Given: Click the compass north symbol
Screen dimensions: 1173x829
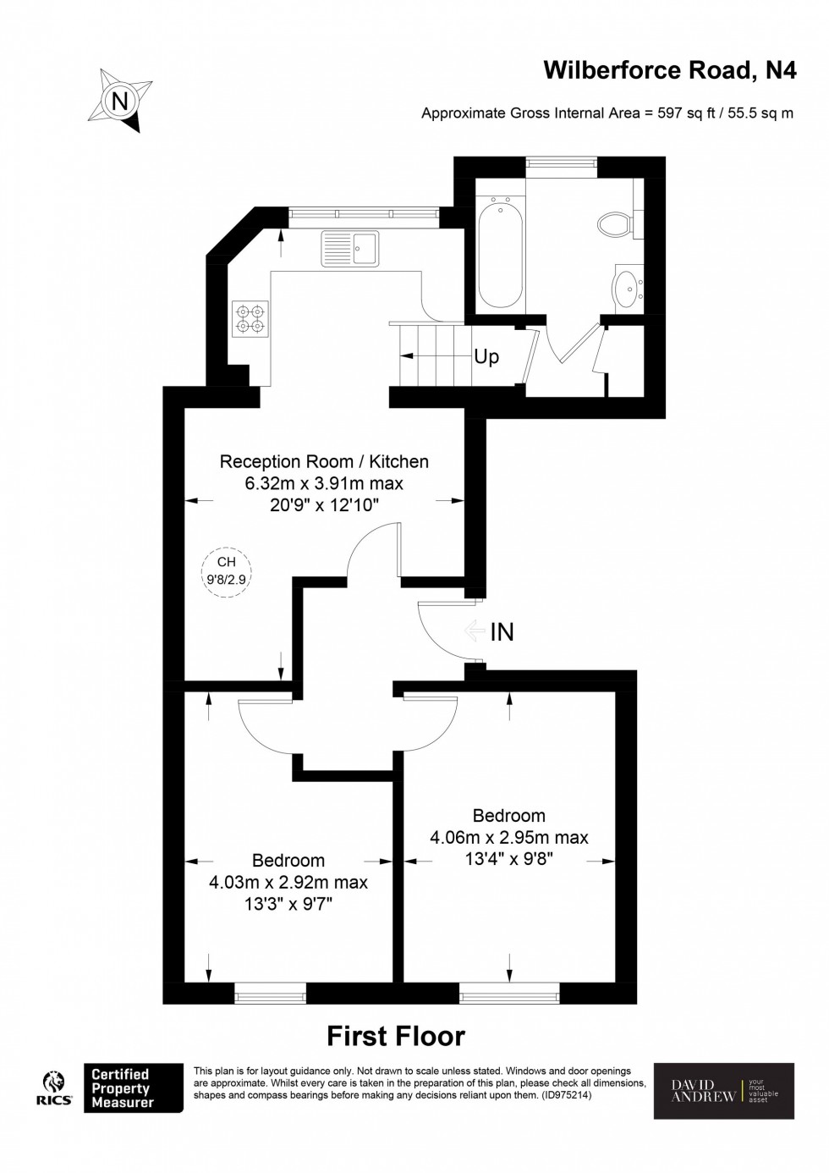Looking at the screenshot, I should pos(121,102).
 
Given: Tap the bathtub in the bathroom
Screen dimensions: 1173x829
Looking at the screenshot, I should pos(501,250).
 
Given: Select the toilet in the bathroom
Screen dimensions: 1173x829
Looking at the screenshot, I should pos(615,224).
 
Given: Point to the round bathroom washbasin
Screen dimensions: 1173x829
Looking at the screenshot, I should pos(627,288).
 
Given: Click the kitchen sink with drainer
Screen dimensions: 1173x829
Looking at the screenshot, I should pos(350,249).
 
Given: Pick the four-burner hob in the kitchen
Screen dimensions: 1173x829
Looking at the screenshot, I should pos(250,318).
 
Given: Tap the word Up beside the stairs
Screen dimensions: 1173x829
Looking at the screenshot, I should pos(486,357).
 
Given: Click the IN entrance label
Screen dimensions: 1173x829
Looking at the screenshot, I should pos(502,631).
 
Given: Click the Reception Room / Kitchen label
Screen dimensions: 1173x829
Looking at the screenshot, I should pos(324,461).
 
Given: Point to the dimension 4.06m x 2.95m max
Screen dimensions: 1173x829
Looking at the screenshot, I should pos(508,838).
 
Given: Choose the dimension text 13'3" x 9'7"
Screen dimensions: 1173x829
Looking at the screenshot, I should pos(288,904).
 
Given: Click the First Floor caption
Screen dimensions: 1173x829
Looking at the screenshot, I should pos(396,1036).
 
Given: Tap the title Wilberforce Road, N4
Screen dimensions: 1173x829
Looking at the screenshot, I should pos(669,70).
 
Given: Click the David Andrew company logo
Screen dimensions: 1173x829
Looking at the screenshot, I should pos(724,1091).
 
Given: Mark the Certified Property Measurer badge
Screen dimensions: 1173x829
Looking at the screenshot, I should pos(133,1088).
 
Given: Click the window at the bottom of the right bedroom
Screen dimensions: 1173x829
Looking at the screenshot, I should pos(509,992).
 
